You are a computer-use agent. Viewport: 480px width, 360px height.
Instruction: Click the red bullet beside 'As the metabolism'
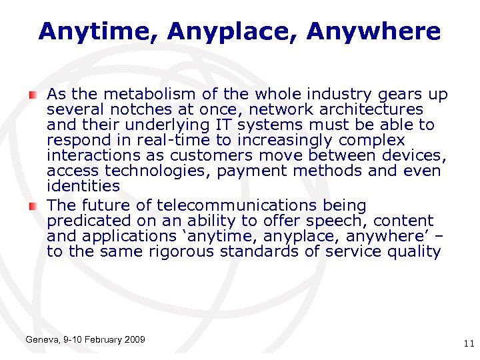[33, 95]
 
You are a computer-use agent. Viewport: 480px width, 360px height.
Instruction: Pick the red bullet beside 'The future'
[33, 205]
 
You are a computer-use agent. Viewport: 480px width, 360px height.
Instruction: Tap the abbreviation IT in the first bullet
[225, 125]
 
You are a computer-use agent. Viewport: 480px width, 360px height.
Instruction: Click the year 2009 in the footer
[133, 340]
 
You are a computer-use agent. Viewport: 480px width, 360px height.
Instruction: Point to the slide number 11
[468, 343]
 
